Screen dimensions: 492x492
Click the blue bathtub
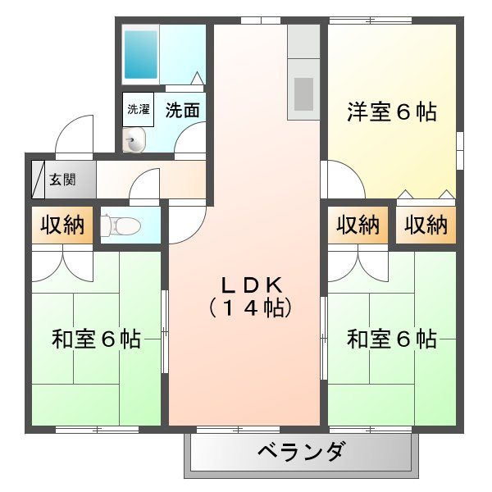pyautogui.click(x=141, y=54)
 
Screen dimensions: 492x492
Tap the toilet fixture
pyautogui.click(x=121, y=225)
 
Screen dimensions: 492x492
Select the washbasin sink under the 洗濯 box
pyautogui.click(x=134, y=140)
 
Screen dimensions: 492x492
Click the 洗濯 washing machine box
pyautogui.click(x=138, y=109)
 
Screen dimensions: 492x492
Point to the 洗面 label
pyautogui.click(x=183, y=110)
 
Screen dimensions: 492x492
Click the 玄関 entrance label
pyautogui.click(x=62, y=180)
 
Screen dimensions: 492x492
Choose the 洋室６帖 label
pyautogui.click(x=392, y=112)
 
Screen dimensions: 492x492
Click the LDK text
pyautogui.click(x=252, y=285)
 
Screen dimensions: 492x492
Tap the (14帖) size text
pyautogui.click(x=250, y=308)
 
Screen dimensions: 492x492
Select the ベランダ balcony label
pyautogui.click(x=302, y=452)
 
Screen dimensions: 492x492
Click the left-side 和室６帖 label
pyautogui.click(x=96, y=339)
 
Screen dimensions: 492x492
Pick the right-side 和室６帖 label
pyautogui.click(x=392, y=339)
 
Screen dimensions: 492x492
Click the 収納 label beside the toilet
pyautogui.click(x=62, y=225)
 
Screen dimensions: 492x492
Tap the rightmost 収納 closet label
pyautogui.click(x=426, y=225)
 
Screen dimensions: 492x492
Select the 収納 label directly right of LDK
pyautogui.click(x=358, y=225)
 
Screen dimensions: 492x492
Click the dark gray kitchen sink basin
pyautogui.click(x=303, y=93)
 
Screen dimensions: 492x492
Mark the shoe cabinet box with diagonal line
pyautogui.click(x=39, y=180)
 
